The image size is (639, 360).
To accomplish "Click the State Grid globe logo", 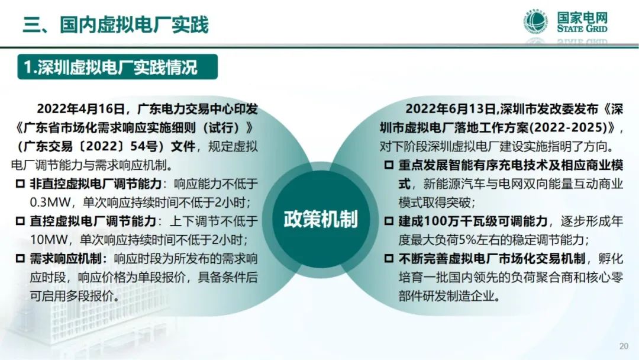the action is pyautogui.click(x=535, y=22).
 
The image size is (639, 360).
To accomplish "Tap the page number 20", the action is pyautogui.click(x=624, y=346).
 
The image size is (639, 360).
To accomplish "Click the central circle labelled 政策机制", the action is pyautogui.click(x=320, y=219).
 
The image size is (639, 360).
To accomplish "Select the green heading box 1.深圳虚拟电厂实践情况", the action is pyautogui.click(x=117, y=67).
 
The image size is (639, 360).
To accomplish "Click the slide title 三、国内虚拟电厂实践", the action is pyautogui.click(x=116, y=24).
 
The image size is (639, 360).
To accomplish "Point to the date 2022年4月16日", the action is pyautogui.click(x=80, y=109).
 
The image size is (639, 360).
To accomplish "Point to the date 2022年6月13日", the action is pyautogui.click(x=450, y=109).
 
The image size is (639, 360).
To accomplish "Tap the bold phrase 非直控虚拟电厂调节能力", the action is pyautogui.click(x=96, y=184).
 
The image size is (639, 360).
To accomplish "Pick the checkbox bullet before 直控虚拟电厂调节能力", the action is pyautogui.click(x=20, y=221).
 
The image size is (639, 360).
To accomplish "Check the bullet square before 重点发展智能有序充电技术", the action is pyautogui.click(x=389, y=165).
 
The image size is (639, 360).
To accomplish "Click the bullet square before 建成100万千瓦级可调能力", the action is pyautogui.click(x=389, y=221).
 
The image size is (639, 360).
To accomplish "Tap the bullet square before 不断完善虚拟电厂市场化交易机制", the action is pyautogui.click(x=389, y=259).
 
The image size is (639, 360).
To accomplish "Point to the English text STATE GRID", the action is pyautogui.click(x=582, y=28).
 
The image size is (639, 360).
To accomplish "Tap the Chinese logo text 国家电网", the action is pyautogui.click(x=582, y=17).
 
